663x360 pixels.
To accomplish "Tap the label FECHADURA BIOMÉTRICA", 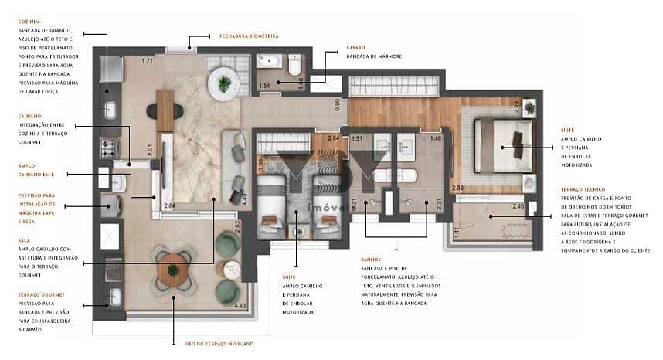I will click(248, 36).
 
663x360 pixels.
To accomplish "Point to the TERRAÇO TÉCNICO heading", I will click(584, 188).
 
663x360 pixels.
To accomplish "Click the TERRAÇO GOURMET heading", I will click(41, 294).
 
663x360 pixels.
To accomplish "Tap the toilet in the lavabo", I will click(295, 67).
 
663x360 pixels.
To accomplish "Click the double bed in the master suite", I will click(503, 146).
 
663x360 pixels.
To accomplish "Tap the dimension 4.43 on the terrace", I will click(229, 307).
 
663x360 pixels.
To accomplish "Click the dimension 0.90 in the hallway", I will click(338, 104).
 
